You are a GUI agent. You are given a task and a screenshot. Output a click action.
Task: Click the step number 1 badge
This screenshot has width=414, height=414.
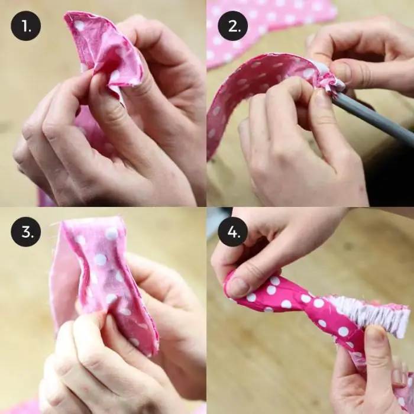coord(26,25)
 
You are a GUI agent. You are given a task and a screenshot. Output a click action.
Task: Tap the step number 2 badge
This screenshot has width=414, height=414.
coord(232,25)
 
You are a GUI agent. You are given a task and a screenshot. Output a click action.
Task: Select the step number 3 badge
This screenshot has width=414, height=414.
coord(26,232)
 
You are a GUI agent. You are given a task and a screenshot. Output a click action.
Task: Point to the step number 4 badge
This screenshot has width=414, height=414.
coord(232,232)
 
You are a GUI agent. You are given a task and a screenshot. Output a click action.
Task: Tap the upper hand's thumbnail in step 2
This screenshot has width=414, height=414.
coord(341,71)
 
